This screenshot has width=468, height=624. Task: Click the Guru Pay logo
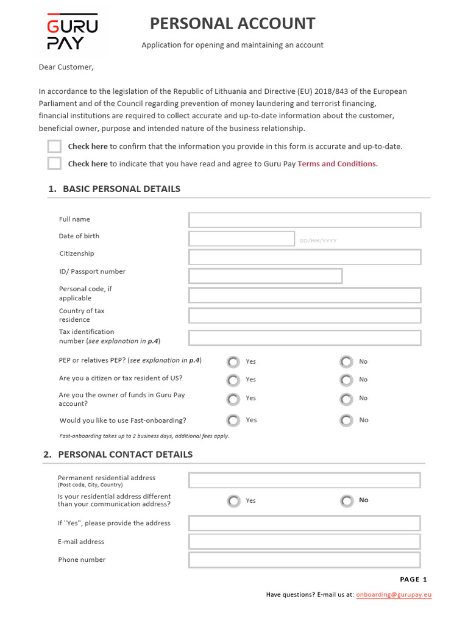72,31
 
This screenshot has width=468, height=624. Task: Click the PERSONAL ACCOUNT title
232,24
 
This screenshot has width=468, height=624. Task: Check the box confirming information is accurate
55,146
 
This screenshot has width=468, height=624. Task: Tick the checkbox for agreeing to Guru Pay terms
55,163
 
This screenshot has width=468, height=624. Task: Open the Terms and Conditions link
338,164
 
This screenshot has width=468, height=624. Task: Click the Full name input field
305,220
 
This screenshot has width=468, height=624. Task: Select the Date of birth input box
241,238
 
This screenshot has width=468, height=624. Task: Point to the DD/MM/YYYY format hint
318,241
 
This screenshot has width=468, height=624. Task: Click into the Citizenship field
305,257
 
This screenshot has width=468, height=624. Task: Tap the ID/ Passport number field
265,276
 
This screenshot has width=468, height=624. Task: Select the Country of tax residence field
305,316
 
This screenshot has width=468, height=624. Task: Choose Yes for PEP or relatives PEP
233,362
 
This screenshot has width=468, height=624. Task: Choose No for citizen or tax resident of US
347,380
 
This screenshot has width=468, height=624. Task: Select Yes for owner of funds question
233,399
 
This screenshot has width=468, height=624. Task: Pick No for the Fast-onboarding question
347,420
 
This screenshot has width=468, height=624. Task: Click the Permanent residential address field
305,480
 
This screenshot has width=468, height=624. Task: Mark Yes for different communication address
233,501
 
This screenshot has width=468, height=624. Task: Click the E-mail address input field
305,542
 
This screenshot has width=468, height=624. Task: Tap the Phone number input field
305,560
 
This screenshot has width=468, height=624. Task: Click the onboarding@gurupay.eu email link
394,595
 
